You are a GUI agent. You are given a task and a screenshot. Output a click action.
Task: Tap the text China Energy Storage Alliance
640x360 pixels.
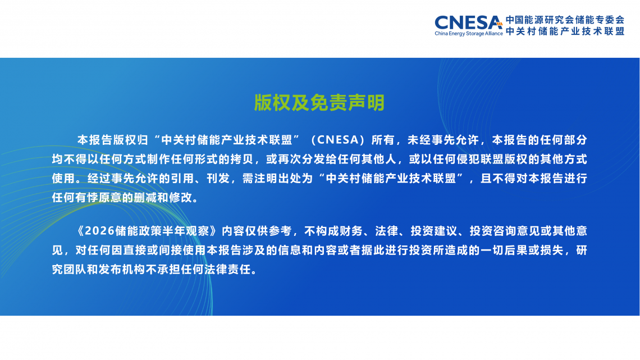coord(469,34)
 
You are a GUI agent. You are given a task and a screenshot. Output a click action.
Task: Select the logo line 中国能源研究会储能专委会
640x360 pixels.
coord(565,20)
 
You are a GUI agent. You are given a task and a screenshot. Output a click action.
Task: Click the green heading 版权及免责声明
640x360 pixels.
coord(319,102)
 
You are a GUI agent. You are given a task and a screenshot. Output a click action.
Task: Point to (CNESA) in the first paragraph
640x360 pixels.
coord(337,140)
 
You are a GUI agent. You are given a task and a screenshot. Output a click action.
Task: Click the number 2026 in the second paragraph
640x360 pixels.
coord(99,231)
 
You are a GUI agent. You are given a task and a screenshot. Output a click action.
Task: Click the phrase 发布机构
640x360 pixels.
coord(122,270)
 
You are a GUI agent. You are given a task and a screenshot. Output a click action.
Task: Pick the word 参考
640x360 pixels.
coord(280,231)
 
